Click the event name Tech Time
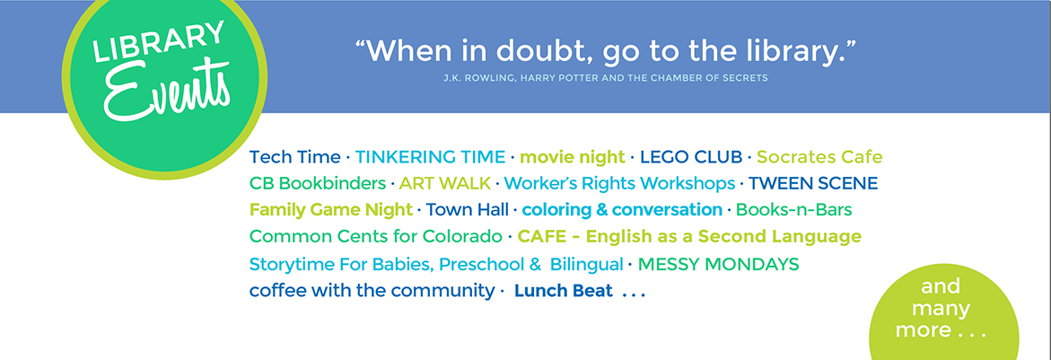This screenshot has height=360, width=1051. (295, 157)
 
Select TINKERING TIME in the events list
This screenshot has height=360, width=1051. (430, 157)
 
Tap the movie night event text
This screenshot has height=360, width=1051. (573, 157)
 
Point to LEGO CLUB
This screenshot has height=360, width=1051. (691, 157)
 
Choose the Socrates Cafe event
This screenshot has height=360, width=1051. (819, 157)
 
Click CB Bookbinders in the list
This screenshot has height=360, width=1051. (318, 183)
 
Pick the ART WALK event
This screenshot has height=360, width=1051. (445, 183)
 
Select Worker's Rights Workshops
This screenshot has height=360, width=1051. (619, 183)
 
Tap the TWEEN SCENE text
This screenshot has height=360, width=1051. (813, 183)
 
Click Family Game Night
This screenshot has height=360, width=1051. (331, 210)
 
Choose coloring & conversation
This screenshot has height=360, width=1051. (622, 210)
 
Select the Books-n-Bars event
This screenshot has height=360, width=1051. (793, 210)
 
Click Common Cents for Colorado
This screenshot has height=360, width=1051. (375, 237)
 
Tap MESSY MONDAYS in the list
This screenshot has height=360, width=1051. (719, 264)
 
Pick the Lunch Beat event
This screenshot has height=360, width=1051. (563, 291)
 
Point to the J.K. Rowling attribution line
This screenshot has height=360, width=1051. (605, 78)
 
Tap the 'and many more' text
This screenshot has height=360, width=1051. (942, 309)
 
